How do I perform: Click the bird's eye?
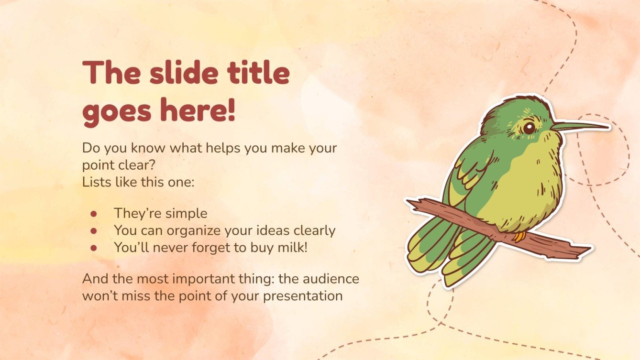click(529, 128)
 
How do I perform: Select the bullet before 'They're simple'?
click(94, 213)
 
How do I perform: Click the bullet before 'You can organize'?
click(94, 230)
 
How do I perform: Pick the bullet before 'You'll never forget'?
click(94, 248)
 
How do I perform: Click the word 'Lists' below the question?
click(95, 182)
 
